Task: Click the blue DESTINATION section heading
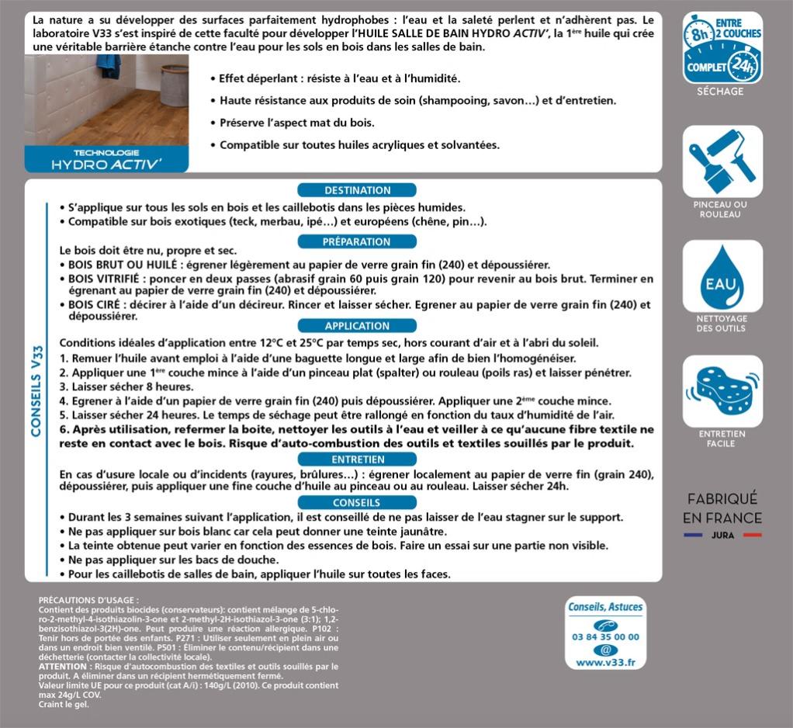(x=357, y=190)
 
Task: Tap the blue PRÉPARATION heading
(x=357, y=241)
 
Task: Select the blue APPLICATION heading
(x=357, y=326)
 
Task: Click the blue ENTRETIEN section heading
(x=357, y=459)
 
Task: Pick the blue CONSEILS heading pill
(x=357, y=503)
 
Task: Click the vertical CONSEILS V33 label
(x=36, y=390)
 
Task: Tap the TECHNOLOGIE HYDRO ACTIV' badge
(x=106, y=159)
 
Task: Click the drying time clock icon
(x=722, y=47)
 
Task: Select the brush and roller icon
(x=722, y=161)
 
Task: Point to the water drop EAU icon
(x=722, y=276)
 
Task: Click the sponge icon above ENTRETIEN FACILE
(x=722, y=390)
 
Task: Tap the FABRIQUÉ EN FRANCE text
(x=722, y=508)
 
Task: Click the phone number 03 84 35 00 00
(x=605, y=637)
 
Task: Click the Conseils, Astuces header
(x=605, y=607)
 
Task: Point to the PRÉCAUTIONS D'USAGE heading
(x=88, y=601)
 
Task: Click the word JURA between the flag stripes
(x=722, y=536)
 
